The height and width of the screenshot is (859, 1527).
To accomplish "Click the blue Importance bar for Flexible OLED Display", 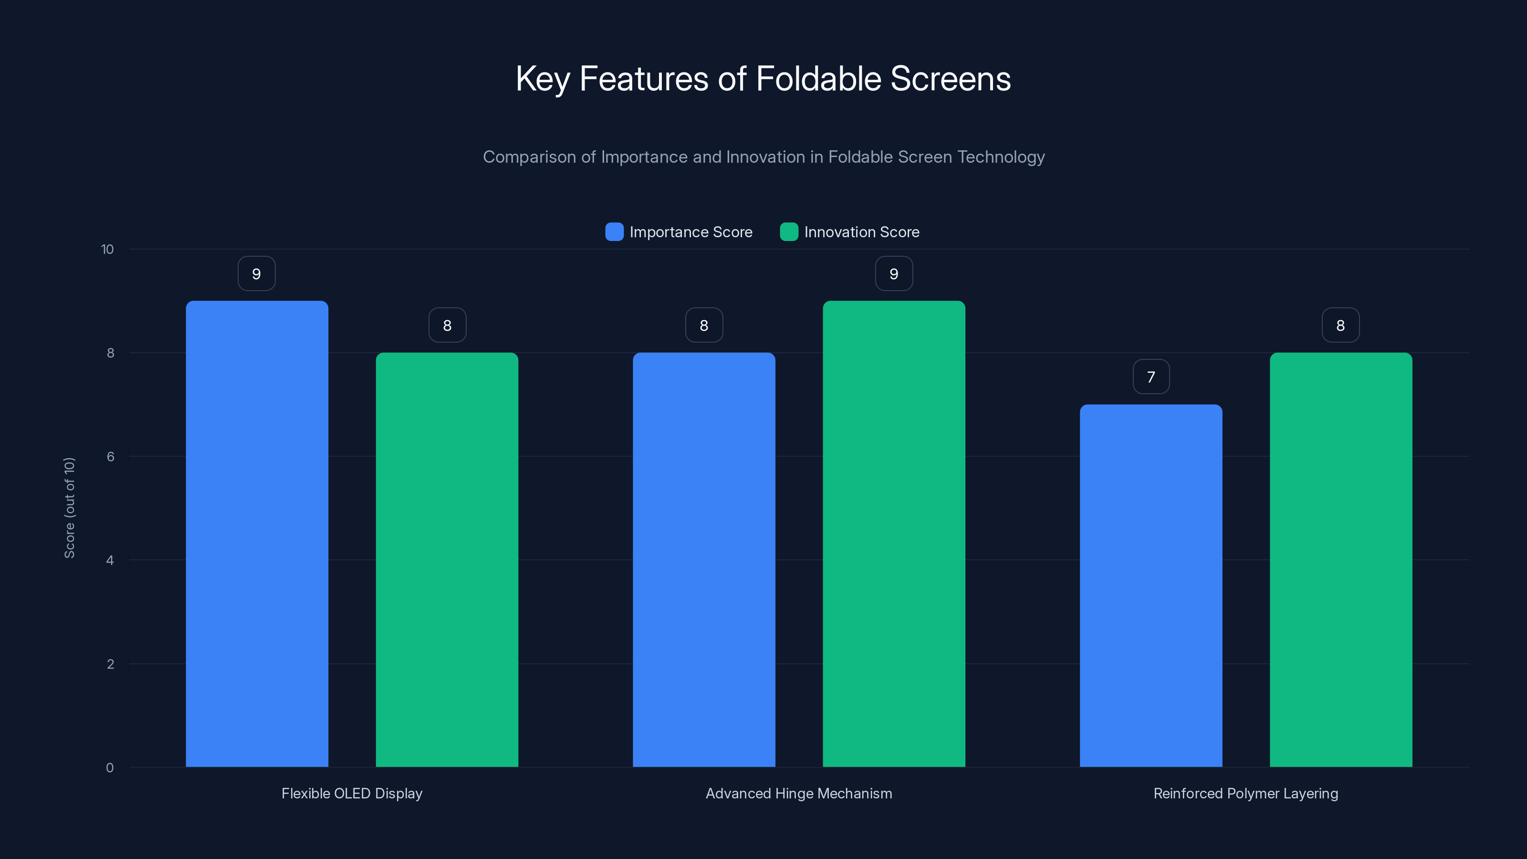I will point(257,534).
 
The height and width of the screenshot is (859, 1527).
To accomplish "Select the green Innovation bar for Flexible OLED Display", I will point(447,560).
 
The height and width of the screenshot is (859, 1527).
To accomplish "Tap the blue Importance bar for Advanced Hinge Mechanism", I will point(704,560).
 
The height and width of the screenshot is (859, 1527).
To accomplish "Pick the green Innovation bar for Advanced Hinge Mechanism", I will point(894,534).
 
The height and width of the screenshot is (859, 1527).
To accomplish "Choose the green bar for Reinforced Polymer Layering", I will point(1341,560).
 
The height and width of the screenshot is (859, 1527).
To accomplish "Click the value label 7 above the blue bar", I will point(1151,377).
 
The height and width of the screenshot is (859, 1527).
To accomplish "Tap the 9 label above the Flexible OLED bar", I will point(257,274).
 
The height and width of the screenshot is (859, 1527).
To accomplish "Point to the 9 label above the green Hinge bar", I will point(894,274).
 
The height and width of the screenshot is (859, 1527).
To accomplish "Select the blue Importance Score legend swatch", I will point(614,232).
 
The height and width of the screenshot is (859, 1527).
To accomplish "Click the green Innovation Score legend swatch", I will point(789,232).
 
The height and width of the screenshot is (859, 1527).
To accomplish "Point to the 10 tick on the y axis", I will point(107,250).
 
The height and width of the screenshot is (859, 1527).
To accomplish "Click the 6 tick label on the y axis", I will point(110,457).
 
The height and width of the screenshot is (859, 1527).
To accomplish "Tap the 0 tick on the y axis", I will point(110,768).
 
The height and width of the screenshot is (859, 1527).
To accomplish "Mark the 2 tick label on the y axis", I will point(110,664).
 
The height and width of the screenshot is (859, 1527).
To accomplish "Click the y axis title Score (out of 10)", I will point(69,507).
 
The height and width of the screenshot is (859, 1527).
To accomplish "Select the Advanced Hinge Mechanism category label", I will point(798,793).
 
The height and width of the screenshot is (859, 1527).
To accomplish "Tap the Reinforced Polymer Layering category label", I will point(1245,793).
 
